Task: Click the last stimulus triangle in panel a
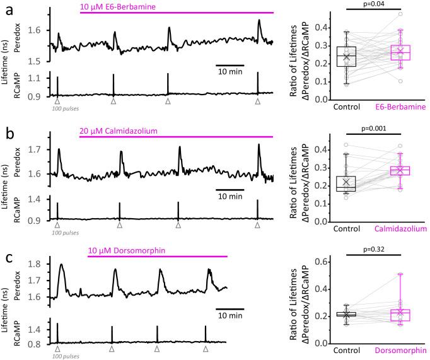click(257, 101)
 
